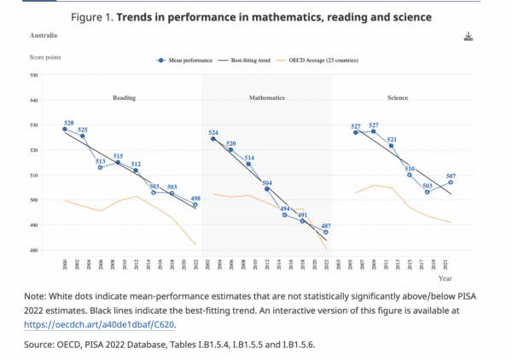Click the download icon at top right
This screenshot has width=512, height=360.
tap(468, 37)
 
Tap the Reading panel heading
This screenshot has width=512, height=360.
tap(125, 98)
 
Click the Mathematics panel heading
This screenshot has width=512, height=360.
tap(266, 98)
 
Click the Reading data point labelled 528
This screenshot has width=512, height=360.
tap(65, 130)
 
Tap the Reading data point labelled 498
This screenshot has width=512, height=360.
tap(195, 205)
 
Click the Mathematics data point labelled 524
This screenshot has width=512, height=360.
tap(212, 139)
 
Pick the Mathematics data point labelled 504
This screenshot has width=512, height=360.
tap(266, 189)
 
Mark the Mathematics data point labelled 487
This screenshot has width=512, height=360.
tap(326, 232)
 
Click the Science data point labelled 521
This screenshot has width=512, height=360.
tap(392, 146)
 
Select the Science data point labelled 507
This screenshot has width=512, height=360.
tap(451, 182)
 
